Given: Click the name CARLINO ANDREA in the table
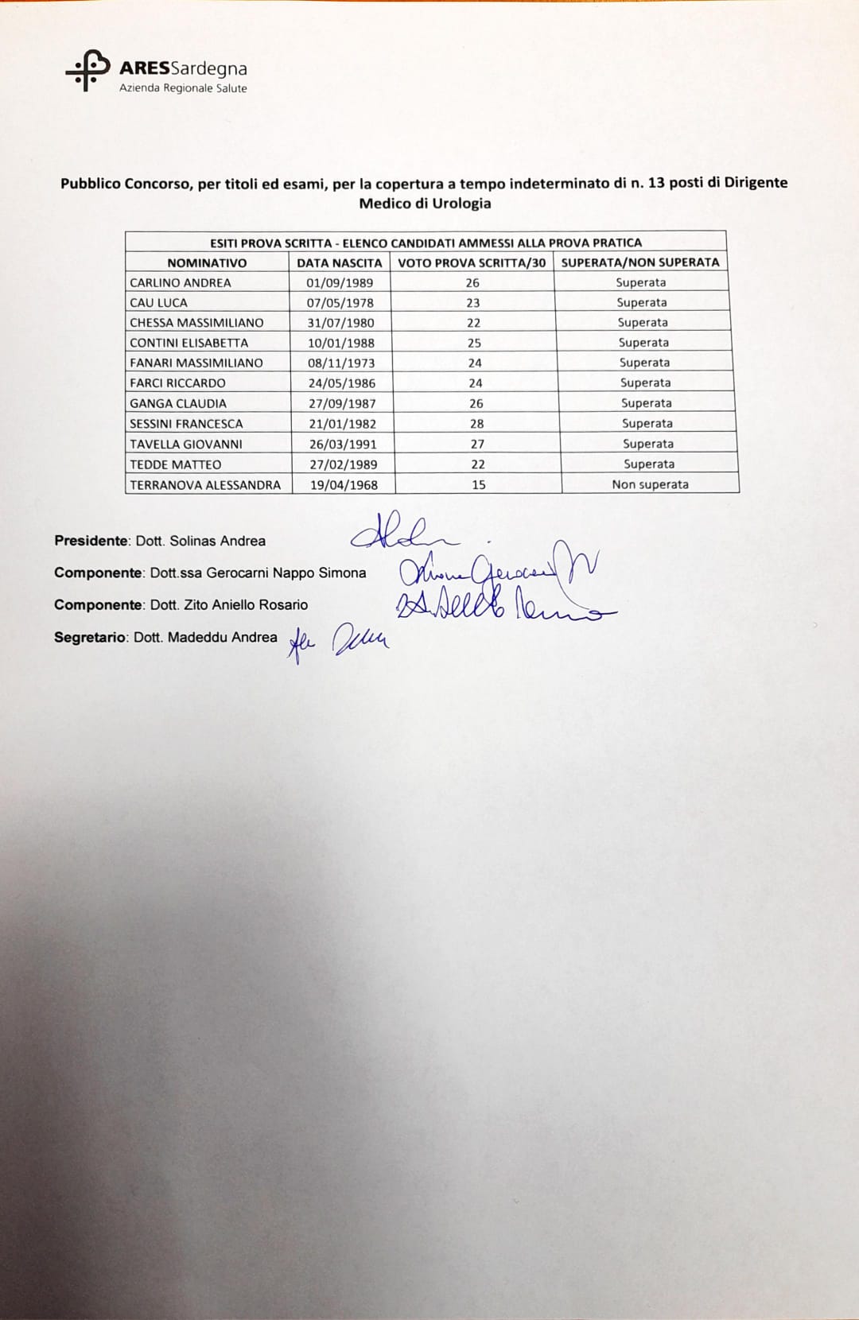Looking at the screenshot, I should pyautogui.click(x=181, y=282).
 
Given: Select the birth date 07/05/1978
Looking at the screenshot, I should pyautogui.click(x=340, y=303).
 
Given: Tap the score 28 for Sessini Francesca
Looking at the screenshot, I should pyautogui.click(x=476, y=424).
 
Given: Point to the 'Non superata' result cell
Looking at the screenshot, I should pyautogui.click(x=650, y=485).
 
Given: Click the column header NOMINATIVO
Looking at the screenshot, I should pyautogui.click(x=207, y=262).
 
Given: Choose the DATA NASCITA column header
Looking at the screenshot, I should pyautogui.click(x=340, y=262).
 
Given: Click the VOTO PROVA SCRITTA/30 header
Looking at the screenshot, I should pyautogui.click(x=472, y=262).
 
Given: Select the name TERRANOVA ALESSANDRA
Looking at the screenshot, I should pyautogui.click(x=205, y=485).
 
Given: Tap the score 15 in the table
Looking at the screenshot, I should pyautogui.click(x=478, y=485).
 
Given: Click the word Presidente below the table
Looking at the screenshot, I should pyautogui.click(x=91, y=541).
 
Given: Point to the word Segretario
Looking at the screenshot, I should pyautogui.click(x=90, y=638).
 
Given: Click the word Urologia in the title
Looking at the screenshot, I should pyautogui.click(x=461, y=204).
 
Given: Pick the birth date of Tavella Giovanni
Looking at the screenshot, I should pyautogui.click(x=343, y=445).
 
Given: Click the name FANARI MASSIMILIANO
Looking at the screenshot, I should pyautogui.click(x=196, y=363).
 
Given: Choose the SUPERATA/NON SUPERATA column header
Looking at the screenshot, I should pyautogui.click(x=640, y=262).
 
